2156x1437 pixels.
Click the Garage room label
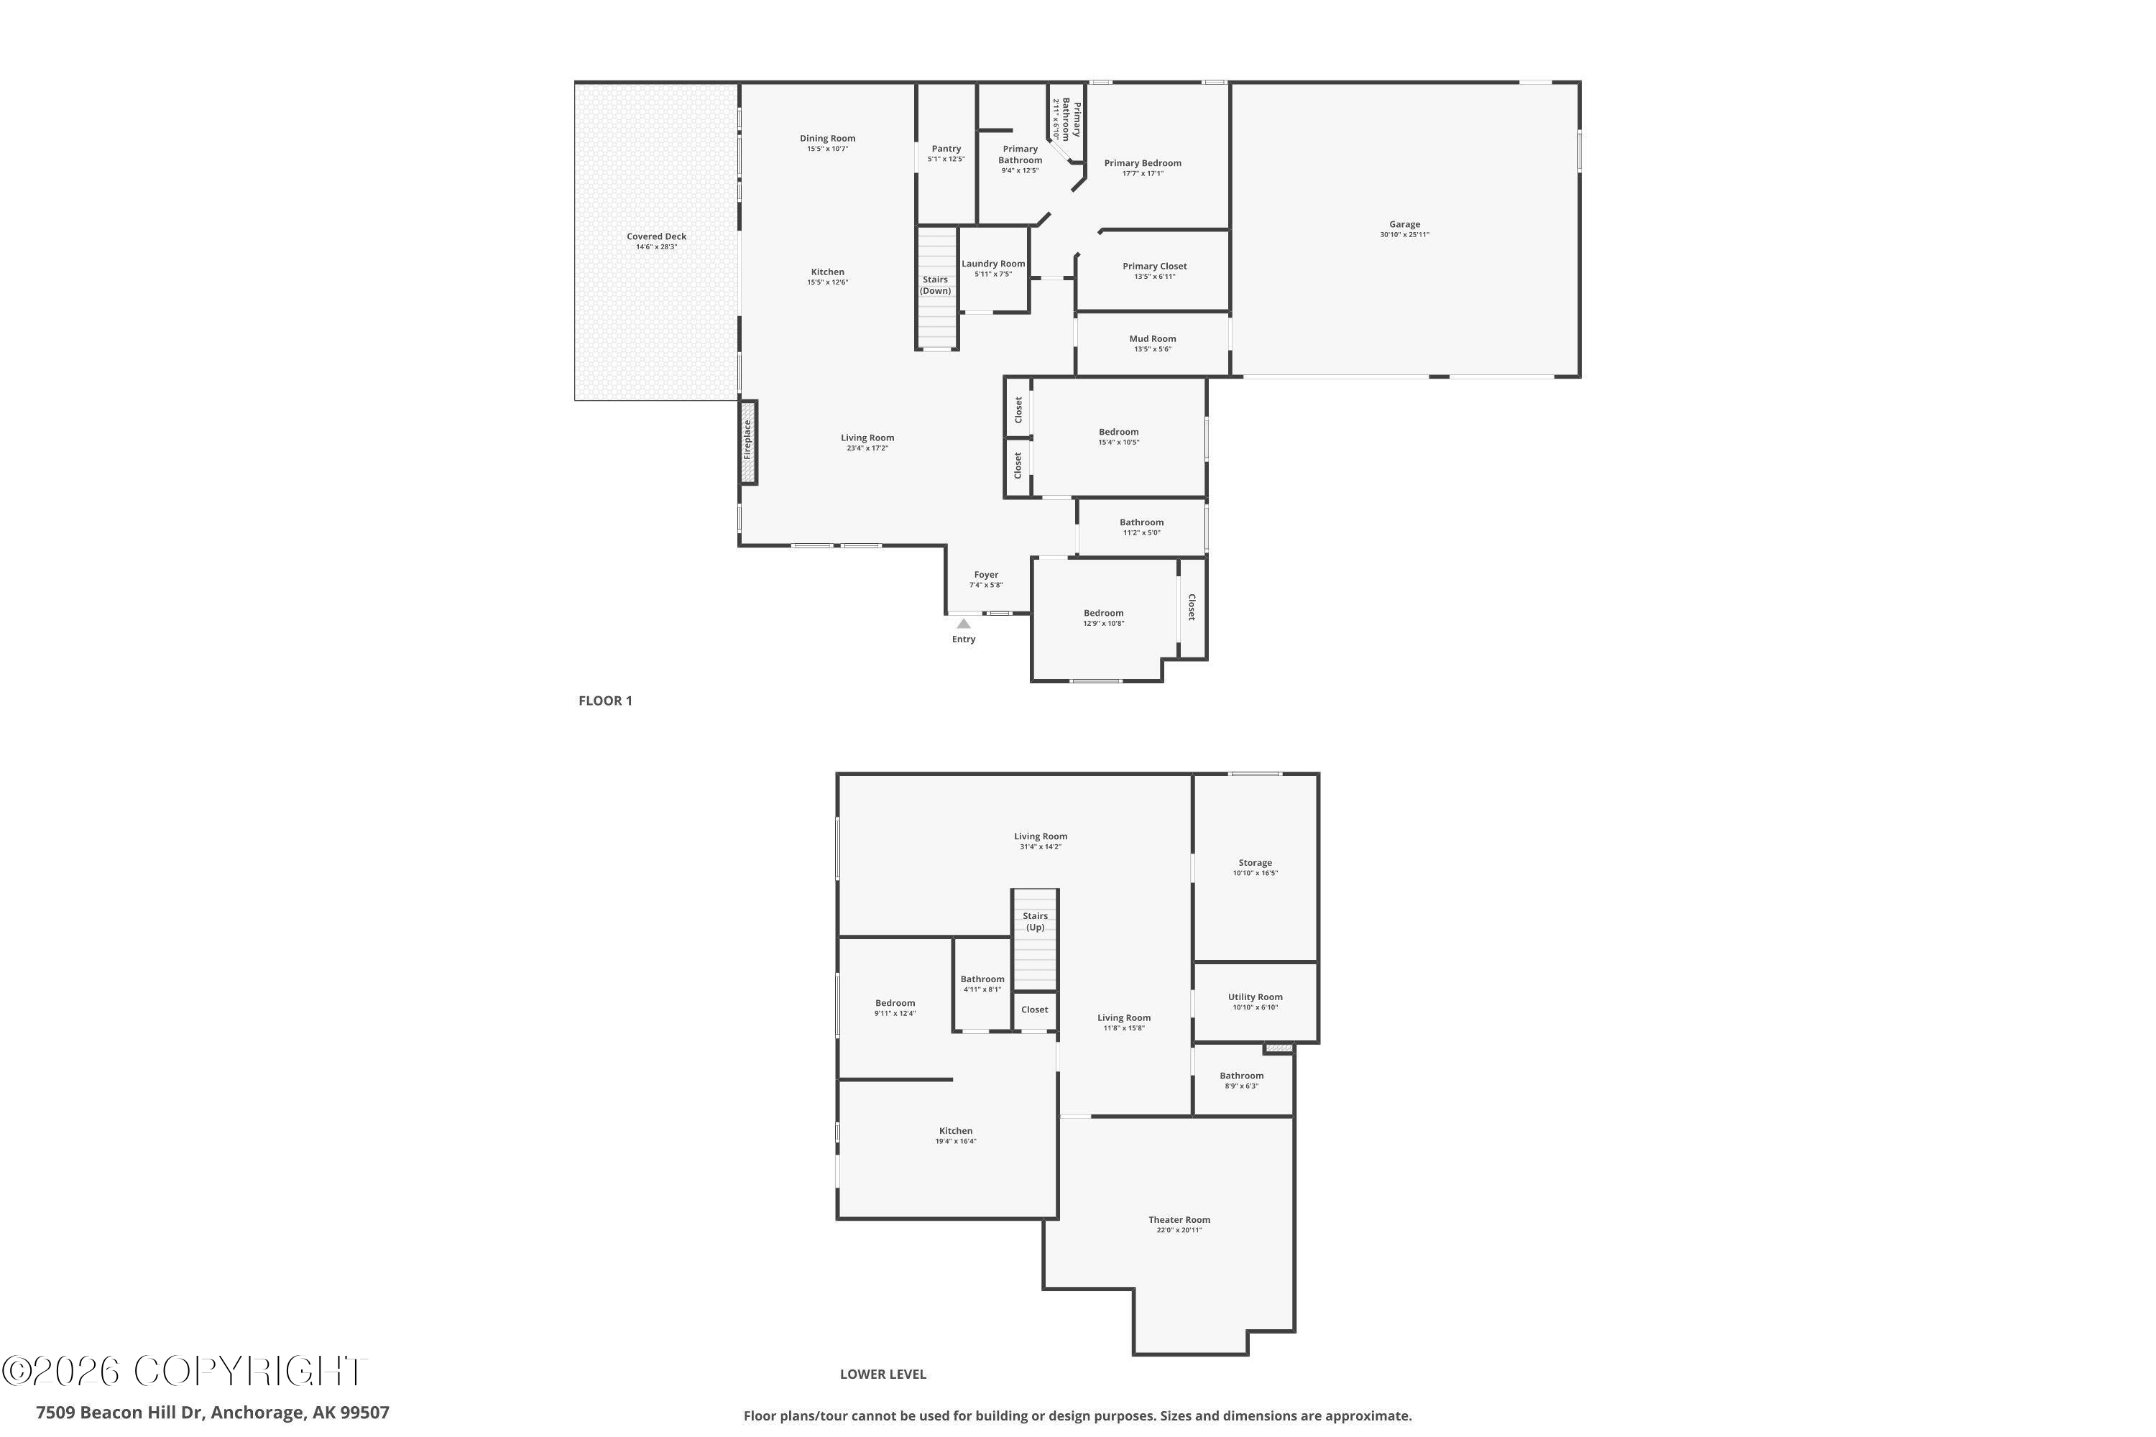coord(1404,224)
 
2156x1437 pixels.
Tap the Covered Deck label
coord(656,236)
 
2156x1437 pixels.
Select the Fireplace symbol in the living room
coord(748,441)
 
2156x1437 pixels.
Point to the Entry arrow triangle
coord(964,623)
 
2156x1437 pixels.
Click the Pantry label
coord(946,149)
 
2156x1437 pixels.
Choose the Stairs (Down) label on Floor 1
coord(935,285)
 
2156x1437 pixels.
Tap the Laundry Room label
coord(992,264)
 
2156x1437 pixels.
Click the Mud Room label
coord(1152,339)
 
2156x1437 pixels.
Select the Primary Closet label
coord(1154,267)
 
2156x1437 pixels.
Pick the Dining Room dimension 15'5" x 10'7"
coord(827,149)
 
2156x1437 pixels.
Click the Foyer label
coord(985,575)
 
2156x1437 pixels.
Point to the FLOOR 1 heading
coord(605,701)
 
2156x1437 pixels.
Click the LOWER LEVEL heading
coord(883,1374)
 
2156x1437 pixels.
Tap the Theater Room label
coord(1179,1220)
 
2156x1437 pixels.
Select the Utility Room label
coord(1255,997)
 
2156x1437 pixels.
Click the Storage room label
coord(1255,862)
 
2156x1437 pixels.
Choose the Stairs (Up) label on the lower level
coord(1035,921)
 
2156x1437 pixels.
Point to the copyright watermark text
coord(183,1371)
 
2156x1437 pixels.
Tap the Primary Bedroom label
coord(1142,163)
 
